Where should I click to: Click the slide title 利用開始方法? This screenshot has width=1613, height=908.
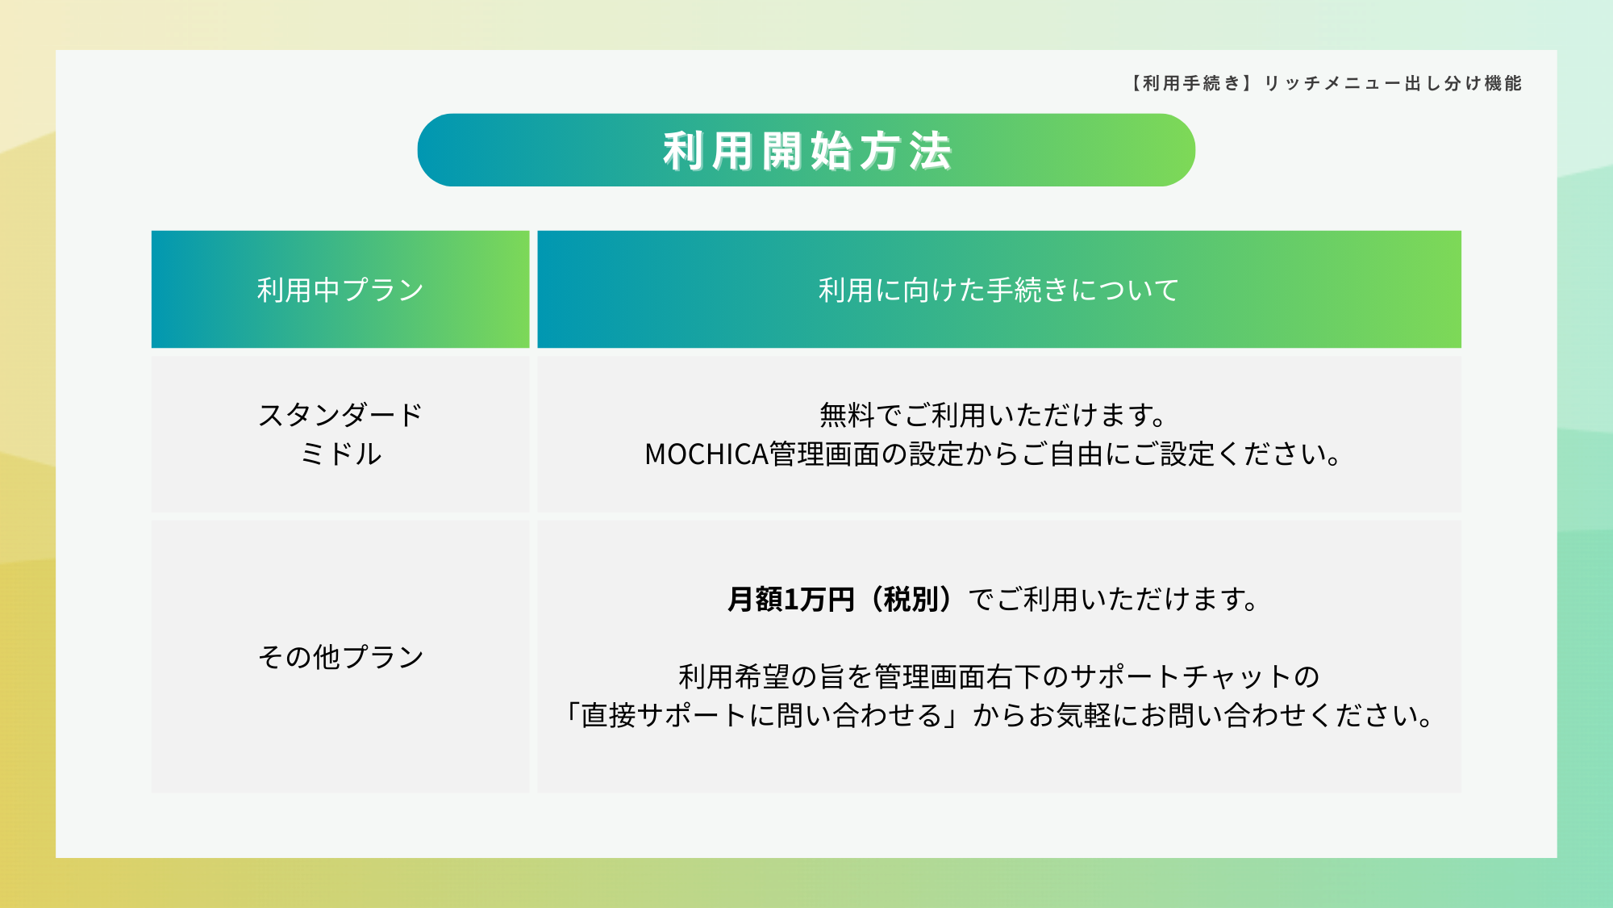807,151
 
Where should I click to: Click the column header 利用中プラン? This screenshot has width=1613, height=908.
340,290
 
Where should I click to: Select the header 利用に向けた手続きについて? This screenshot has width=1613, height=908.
998,290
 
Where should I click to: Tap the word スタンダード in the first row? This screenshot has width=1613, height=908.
340,415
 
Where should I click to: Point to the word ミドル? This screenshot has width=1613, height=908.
340,454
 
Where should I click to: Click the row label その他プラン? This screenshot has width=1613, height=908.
340,657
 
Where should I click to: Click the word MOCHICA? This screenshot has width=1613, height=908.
706,454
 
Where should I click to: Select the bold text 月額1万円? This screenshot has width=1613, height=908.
790,600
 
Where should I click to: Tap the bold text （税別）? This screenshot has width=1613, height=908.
911,600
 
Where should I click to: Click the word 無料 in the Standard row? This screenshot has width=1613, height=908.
847,415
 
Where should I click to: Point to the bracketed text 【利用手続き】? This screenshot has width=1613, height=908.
1190,83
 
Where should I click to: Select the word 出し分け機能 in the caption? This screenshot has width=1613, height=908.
1464,83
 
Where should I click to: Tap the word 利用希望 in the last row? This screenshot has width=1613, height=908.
735,676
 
